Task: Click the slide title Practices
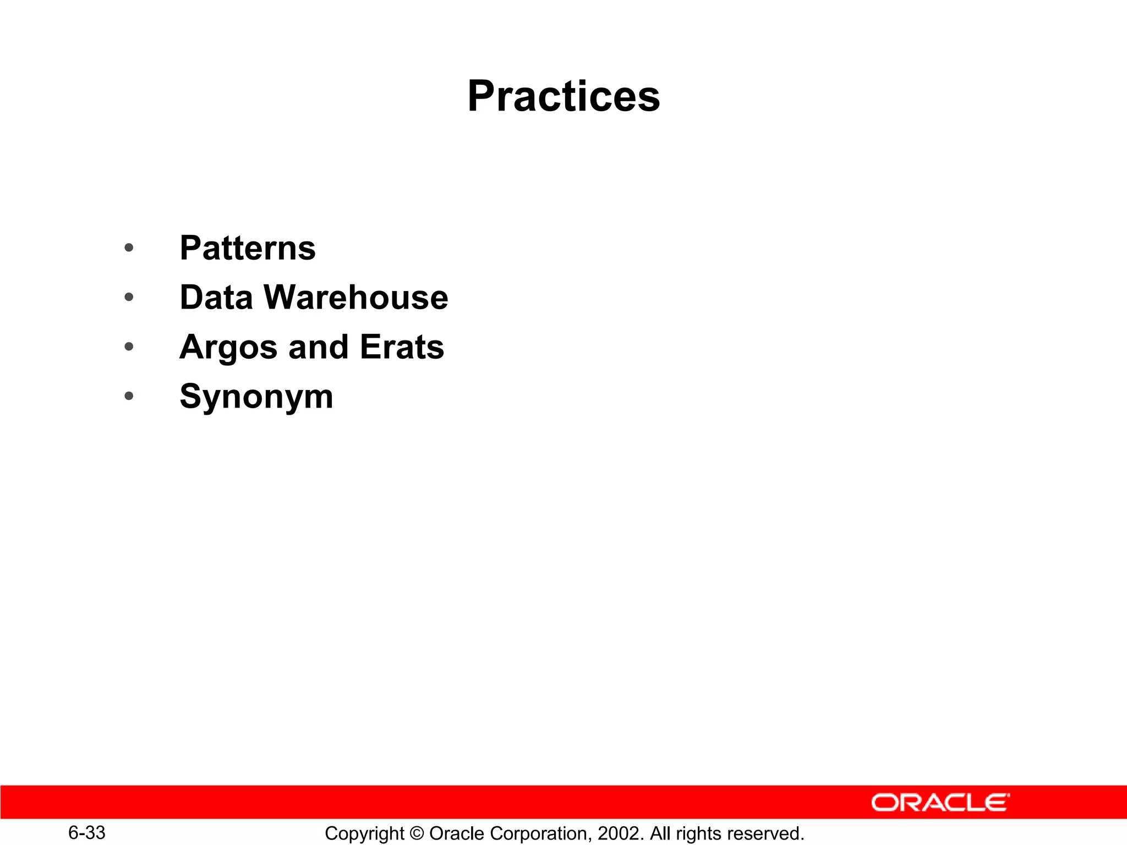click(563, 96)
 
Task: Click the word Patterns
click(248, 248)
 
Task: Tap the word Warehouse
click(356, 298)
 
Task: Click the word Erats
click(402, 347)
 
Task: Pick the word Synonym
click(256, 397)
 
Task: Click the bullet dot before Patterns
click(129, 248)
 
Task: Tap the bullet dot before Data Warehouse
click(129, 298)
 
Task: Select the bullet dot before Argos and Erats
click(129, 347)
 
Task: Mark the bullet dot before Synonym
click(129, 396)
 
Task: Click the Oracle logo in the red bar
click(940, 803)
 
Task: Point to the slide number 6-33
click(87, 833)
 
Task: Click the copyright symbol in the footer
click(417, 833)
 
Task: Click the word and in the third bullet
click(318, 347)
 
